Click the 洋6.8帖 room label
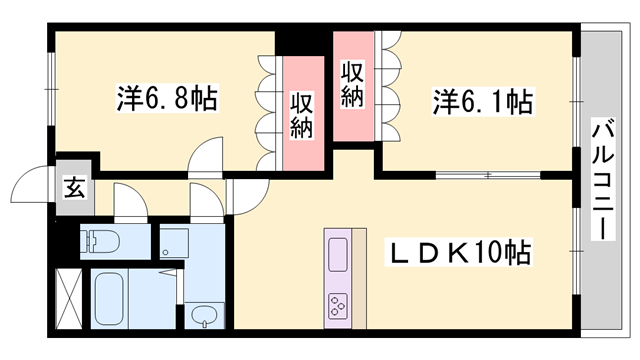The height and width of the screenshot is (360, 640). click(167, 99)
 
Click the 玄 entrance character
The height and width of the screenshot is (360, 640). click(75, 185)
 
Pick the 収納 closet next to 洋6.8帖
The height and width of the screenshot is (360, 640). click(303, 114)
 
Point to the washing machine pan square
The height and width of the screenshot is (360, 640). click(174, 243)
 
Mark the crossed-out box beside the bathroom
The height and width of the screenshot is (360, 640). click(67, 297)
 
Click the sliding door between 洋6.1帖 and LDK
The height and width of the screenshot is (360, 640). click(488, 176)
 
